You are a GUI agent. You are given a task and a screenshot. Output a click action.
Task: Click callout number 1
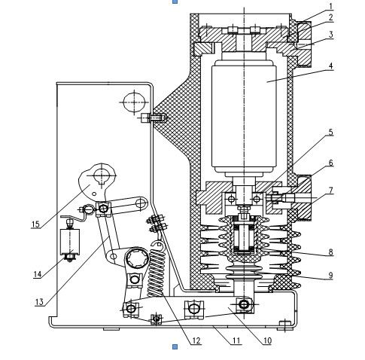331,6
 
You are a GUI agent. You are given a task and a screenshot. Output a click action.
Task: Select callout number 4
331,66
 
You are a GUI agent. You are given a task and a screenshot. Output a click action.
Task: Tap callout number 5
331,132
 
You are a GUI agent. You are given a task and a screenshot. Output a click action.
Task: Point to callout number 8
331,252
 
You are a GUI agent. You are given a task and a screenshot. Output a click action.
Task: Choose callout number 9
331,276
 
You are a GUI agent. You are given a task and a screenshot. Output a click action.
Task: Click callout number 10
267,340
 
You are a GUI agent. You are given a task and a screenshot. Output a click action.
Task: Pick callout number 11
236,340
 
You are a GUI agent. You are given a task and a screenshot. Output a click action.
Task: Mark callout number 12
196,340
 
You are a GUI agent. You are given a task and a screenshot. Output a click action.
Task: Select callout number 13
39,302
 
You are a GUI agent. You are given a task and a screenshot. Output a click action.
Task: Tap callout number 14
38,274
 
